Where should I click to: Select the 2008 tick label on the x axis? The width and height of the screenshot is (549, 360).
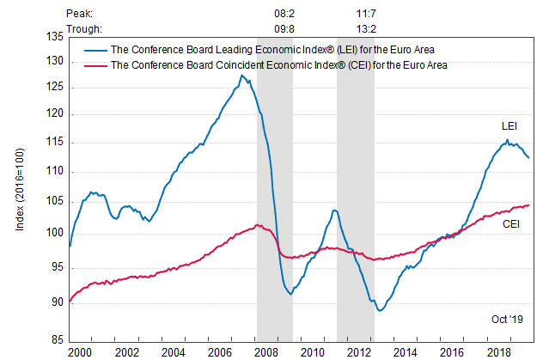[266, 353]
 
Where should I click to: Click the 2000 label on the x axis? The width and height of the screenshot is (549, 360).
[79, 353]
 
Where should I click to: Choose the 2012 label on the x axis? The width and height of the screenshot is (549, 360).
[360, 353]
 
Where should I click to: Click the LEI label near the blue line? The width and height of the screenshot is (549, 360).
[509, 126]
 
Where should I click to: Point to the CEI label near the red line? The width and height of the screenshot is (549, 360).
[510, 223]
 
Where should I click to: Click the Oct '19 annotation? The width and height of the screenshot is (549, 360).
[507, 320]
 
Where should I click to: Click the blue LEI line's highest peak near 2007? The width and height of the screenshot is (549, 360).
[241, 75]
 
